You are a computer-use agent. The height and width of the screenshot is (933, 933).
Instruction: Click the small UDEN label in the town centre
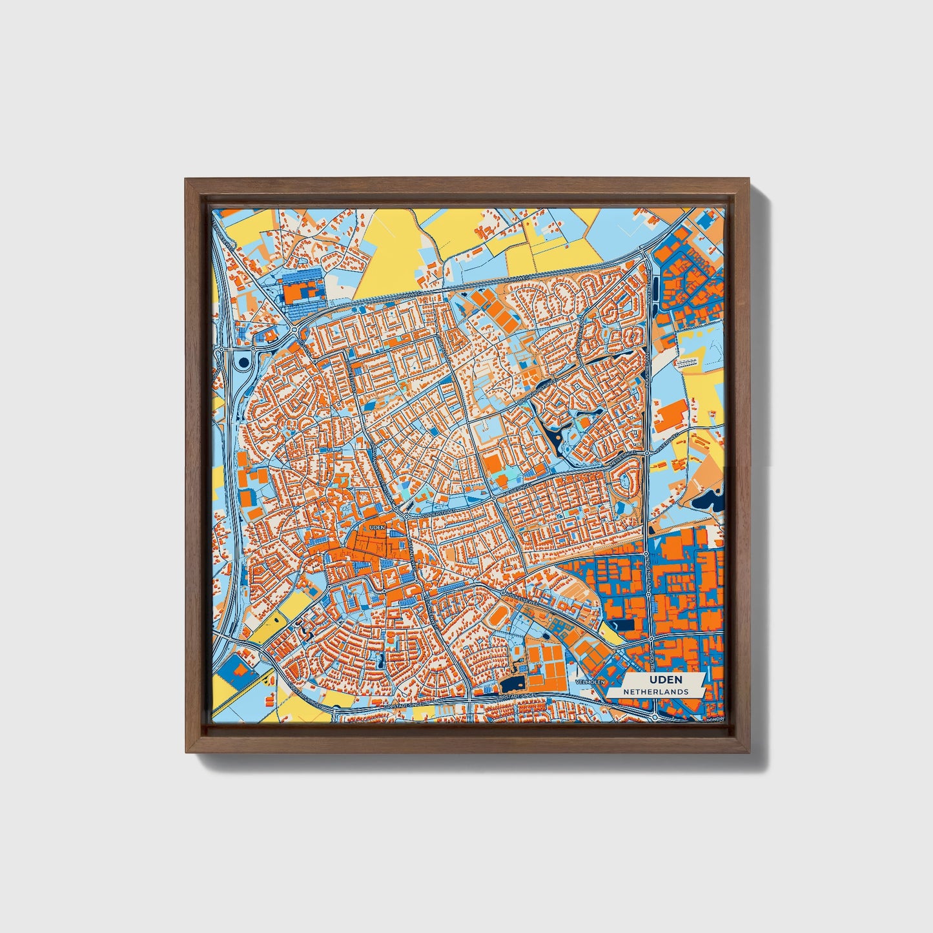point(376,528)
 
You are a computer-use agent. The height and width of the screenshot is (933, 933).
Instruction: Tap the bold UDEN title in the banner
point(665,680)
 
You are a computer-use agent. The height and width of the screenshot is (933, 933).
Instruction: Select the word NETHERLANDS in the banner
point(655,692)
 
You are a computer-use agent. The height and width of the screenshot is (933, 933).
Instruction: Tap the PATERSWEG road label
point(664,446)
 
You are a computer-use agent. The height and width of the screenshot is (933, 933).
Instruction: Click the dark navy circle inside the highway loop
point(243,363)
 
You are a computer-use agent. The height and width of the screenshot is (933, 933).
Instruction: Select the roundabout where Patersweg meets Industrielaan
point(646,453)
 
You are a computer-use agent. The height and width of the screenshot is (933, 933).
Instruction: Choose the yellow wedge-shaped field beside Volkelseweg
point(610,633)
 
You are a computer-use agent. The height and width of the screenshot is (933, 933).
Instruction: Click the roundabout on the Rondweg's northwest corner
point(294,329)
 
